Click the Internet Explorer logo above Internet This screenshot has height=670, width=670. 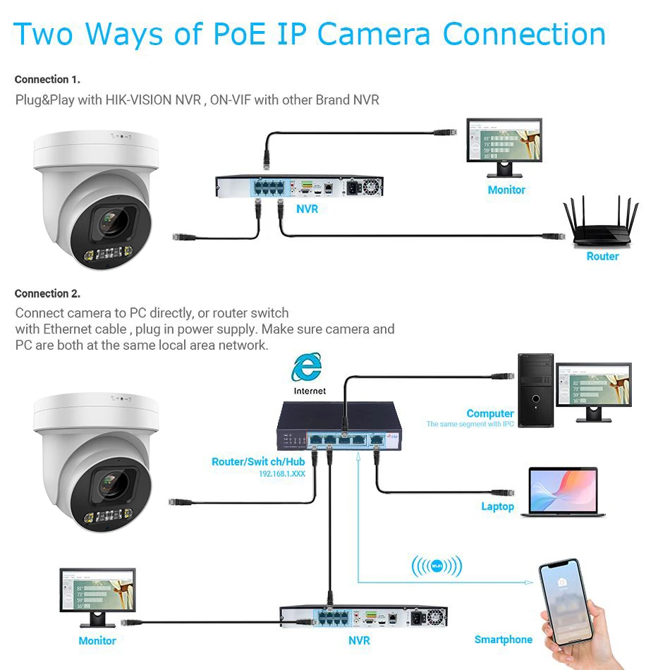[x=307, y=367]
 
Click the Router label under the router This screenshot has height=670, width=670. [x=602, y=257]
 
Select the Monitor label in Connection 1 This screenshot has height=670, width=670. [x=506, y=190]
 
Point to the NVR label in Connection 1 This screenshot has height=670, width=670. [x=307, y=209]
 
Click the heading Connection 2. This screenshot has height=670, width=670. [x=47, y=293]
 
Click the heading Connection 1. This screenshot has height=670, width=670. [x=47, y=80]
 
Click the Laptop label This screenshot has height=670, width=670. [x=497, y=506]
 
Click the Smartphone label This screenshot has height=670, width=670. [x=503, y=640]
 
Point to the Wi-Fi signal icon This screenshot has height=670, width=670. [x=437, y=566]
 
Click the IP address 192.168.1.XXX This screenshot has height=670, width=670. [x=281, y=474]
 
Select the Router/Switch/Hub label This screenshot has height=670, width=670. [x=258, y=462]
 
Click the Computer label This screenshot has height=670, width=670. [x=489, y=413]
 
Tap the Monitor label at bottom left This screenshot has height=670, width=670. [x=97, y=640]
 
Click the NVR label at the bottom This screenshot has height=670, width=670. [x=359, y=640]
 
